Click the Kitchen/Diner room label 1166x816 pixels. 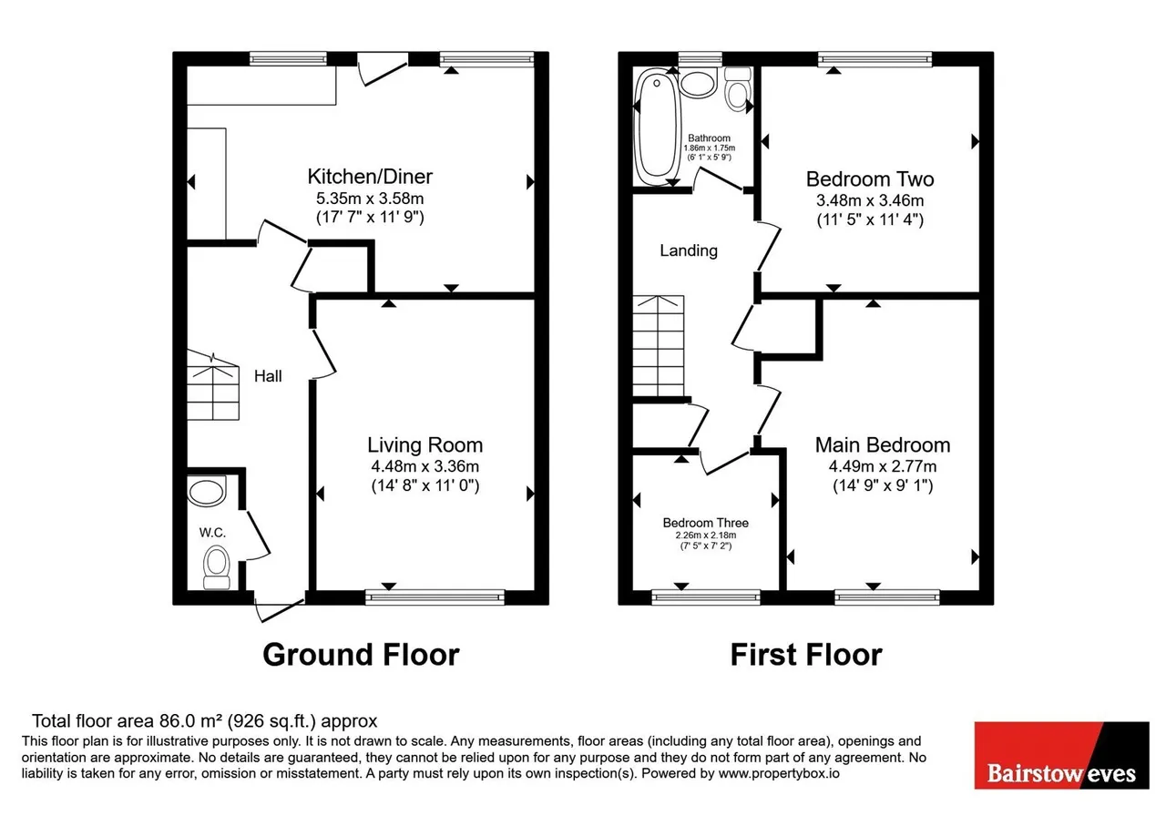(x=370, y=177)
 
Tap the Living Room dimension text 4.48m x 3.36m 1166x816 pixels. (x=424, y=466)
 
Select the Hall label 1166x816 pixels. (x=268, y=376)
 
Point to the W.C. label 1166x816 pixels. (x=212, y=533)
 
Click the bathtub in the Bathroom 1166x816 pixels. (x=657, y=127)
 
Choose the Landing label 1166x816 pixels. (x=688, y=250)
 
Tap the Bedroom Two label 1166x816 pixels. (x=870, y=179)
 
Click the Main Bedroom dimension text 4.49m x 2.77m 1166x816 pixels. (x=883, y=466)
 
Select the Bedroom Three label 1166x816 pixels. (x=705, y=523)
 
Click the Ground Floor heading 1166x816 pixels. (x=361, y=655)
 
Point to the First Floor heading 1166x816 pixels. (x=806, y=655)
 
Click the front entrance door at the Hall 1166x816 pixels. (x=280, y=609)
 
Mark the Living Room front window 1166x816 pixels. (x=435, y=597)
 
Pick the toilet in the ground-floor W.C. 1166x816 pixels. (x=217, y=566)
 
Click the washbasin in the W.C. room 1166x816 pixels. (x=207, y=491)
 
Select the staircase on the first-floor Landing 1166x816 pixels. (x=658, y=346)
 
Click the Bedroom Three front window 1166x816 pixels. (x=706, y=597)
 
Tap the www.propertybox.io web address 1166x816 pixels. (x=779, y=773)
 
